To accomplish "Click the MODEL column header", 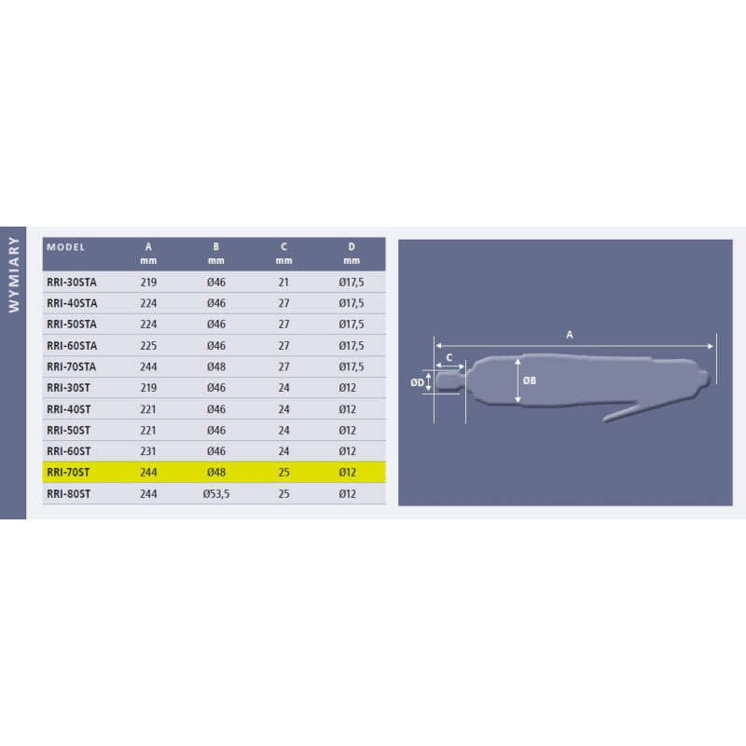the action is pyautogui.click(x=65, y=247).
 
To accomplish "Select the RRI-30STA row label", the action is pyautogui.click(x=72, y=283).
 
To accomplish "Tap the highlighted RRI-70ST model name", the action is pyautogui.click(x=68, y=473).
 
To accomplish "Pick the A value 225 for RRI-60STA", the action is pyautogui.click(x=148, y=346).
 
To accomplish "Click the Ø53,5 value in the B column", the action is pyautogui.click(x=216, y=494).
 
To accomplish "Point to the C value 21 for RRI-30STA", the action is pyautogui.click(x=283, y=283).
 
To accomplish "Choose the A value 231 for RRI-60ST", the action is pyautogui.click(x=148, y=451).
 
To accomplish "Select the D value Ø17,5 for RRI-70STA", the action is pyautogui.click(x=352, y=366).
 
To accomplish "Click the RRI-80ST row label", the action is pyautogui.click(x=68, y=494).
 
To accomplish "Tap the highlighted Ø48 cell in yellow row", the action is pyautogui.click(x=216, y=473).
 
